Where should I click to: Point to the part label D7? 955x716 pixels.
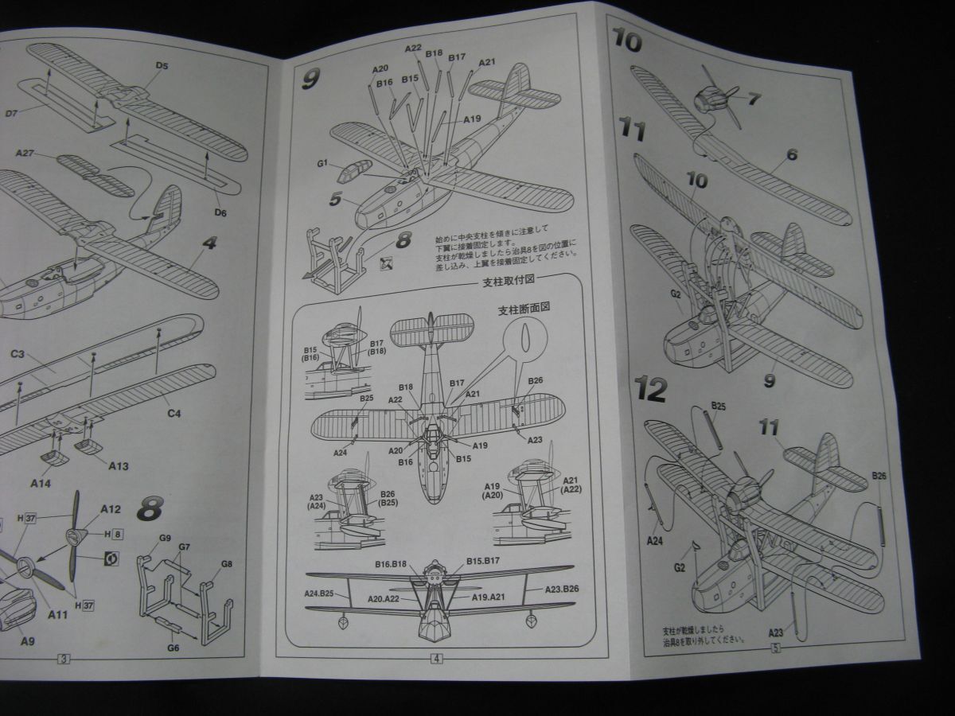(11, 114)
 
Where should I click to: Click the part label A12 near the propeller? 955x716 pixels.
(111, 510)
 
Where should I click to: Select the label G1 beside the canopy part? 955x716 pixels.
(322, 164)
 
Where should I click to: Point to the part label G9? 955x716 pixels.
(165, 538)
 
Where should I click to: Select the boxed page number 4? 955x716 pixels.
(437, 658)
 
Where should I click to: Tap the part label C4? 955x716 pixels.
(173, 414)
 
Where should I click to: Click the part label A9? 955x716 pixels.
(27, 641)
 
